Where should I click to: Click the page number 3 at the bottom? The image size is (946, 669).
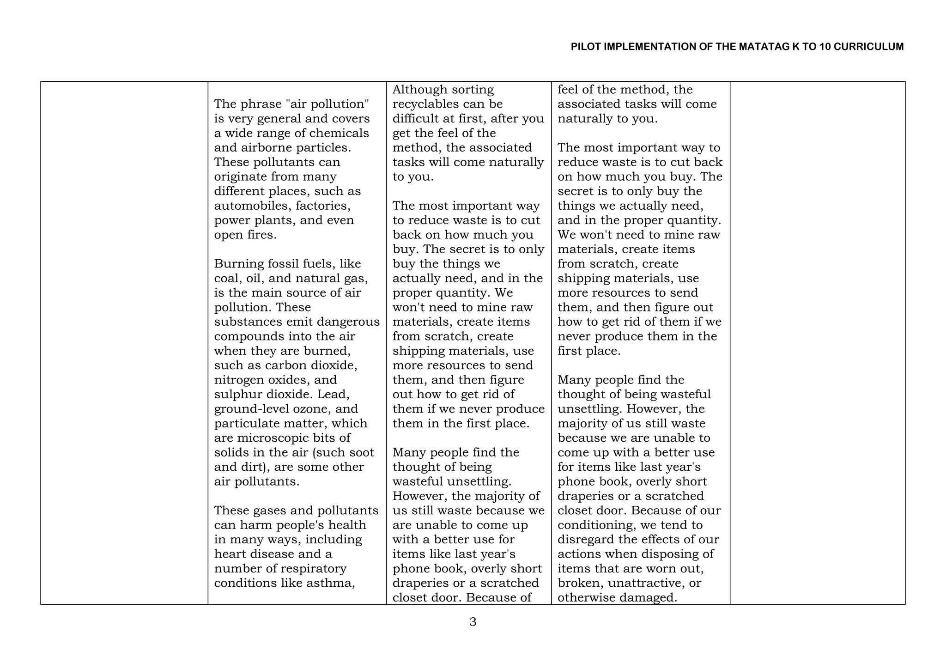point(473,622)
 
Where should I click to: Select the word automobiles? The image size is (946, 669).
point(252,206)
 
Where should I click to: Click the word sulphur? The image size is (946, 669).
point(238,395)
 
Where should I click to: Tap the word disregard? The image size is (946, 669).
point(585,540)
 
